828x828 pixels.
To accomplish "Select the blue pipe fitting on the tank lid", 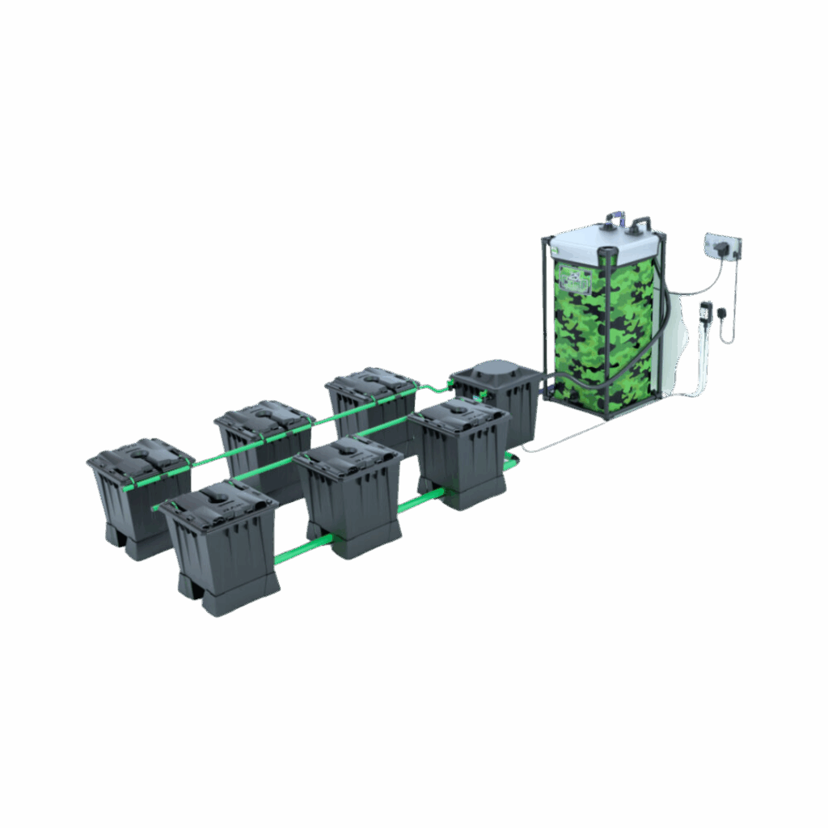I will (616, 217).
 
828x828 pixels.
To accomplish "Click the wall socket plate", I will (723, 244).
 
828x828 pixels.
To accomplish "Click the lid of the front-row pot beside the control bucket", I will (459, 414).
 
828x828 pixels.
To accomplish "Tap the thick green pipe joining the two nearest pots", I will (300, 551).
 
